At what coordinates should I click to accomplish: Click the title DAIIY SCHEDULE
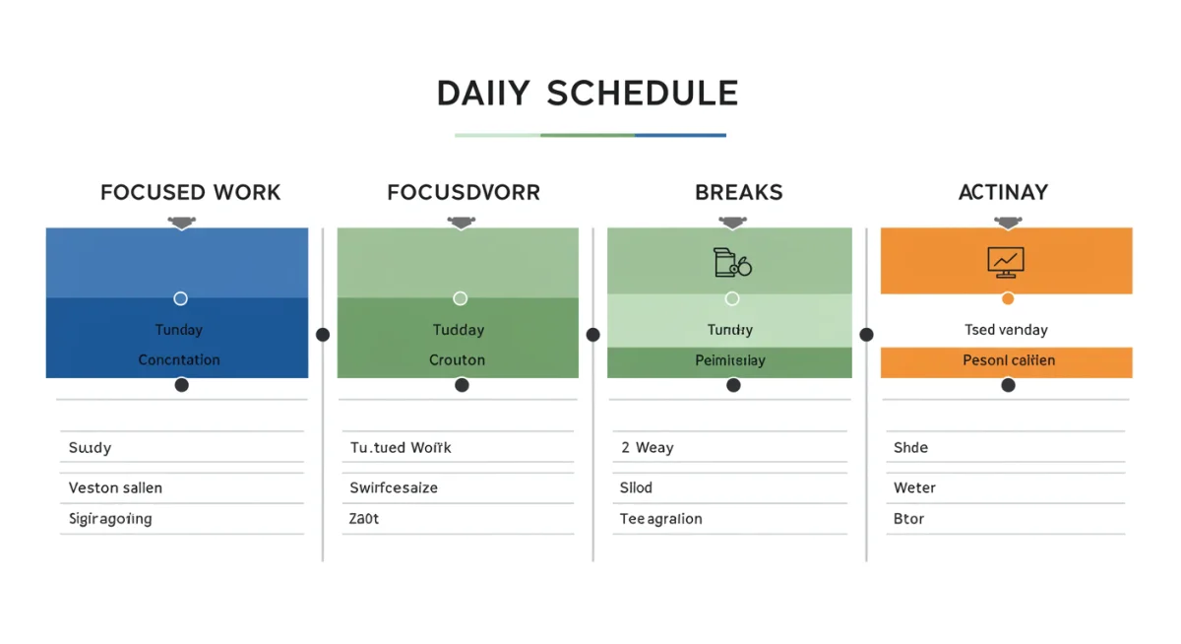pos(588,94)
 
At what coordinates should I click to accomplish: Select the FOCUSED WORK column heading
pos(190,192)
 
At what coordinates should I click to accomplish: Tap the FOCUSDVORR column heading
pos(464,192)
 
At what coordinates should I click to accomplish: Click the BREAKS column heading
pos(739,192)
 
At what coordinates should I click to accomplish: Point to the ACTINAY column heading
pos(1003,192)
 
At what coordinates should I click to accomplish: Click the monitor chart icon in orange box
pos(1005,261)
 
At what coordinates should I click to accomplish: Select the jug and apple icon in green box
pos(731,262)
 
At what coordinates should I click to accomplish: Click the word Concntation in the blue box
pos(179,359)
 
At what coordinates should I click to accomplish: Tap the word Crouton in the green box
pos(457,359)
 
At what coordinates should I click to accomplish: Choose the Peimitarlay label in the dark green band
pos(729,360)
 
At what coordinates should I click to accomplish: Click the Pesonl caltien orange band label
pos(1008,360)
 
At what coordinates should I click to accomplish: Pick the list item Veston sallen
pos(115,487)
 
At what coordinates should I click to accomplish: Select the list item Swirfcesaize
pos(394,487)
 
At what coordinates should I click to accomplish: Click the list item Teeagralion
pos(660,519)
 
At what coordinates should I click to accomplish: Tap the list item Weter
pos(914,487)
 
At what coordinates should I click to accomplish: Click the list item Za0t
pos(363,519)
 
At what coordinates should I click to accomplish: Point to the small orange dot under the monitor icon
pos(1007,298)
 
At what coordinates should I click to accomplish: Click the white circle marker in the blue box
pos(180,298)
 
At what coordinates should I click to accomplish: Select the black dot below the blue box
pos(181,385)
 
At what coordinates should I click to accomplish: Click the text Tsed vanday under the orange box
pos(1006,330)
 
